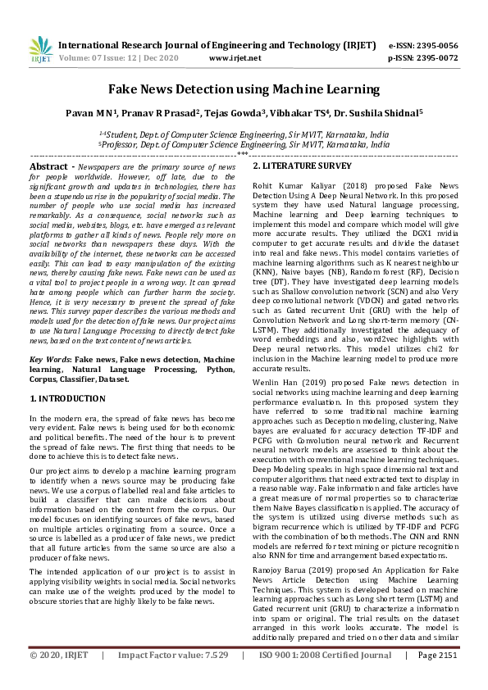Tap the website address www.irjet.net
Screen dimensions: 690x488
[x=235, y=58]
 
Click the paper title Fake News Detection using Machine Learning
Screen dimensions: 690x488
[x=244, y=89]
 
